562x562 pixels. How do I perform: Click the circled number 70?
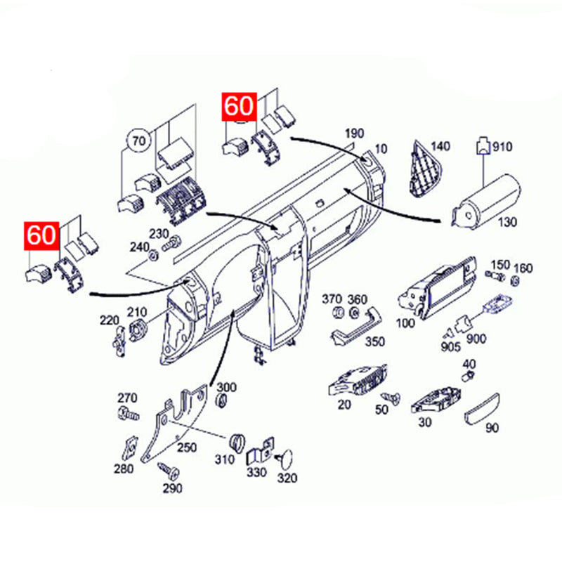coord(139,141)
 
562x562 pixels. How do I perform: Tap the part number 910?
coord(502,146)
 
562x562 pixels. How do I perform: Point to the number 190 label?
coord(355,133)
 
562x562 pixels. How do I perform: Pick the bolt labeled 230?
coord(171,244)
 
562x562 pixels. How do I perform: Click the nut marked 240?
coord(154,256)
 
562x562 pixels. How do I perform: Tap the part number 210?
coord(137,313)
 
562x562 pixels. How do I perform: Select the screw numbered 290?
coord(169,471)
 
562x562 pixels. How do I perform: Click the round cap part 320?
coord(285,459)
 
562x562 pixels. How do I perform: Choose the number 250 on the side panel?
coord(187,447)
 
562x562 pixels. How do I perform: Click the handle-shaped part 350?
coord(355,327)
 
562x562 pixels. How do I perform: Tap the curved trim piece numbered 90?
coord(482,410)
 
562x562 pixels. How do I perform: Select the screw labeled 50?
coord(391,398)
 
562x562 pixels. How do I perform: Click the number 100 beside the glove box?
coord(405,323)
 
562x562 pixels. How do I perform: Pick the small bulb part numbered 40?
coord(468,377)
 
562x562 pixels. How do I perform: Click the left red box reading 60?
coord(41,235)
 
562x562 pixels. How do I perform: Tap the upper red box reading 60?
coord(240,107)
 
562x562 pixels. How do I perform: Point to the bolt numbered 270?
coord(129,414)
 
